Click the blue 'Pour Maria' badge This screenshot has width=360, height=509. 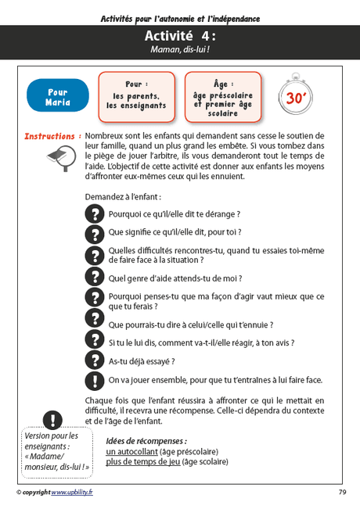58,96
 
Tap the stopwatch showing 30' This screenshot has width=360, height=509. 295,95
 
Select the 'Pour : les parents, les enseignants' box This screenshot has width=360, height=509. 136,95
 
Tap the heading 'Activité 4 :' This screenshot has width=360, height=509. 180,36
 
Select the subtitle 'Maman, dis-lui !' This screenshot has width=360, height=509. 180,49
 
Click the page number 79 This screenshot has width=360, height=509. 342,493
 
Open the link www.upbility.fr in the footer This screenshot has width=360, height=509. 71,493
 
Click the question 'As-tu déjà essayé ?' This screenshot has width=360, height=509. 141,361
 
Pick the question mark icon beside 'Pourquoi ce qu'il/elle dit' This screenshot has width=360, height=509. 94,213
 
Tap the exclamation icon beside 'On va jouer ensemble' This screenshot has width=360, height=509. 94,381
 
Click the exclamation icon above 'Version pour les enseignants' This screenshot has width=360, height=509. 53,420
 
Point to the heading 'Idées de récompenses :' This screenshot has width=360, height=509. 146,441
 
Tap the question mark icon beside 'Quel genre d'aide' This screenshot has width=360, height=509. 94,278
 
